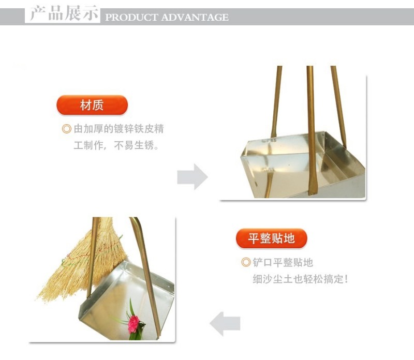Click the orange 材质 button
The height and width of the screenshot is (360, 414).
92,105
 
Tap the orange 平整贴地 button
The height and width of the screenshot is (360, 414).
271,238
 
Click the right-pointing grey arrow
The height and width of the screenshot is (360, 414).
193,176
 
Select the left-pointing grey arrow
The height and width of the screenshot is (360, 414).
225,324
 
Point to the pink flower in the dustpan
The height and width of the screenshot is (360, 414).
134,323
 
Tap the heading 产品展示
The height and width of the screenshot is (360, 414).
64,13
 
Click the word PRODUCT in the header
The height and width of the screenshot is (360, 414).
131,18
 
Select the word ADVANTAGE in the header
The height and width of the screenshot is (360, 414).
195,18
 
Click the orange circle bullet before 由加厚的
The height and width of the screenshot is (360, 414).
67,129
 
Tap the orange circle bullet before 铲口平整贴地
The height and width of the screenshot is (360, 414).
246,262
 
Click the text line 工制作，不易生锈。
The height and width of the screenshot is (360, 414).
116,145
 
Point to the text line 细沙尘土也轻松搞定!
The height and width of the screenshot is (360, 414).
301,279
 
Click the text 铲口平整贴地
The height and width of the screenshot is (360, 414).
283,262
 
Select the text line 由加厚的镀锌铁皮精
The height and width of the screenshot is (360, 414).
119,129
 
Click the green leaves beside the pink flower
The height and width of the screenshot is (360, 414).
132,321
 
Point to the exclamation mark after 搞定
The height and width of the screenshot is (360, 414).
346,279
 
